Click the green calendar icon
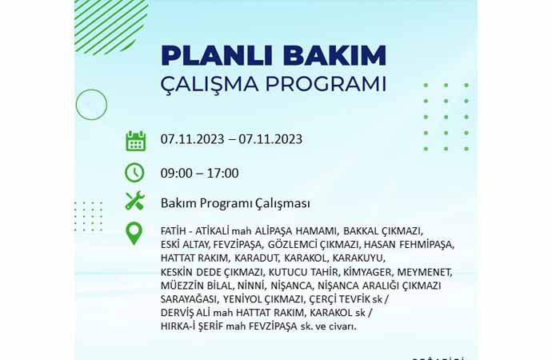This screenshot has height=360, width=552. point(135,141)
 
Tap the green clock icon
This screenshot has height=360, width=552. point(134,173)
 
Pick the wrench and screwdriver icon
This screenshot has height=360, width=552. point(135,201)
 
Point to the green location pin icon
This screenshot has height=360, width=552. point(134,234)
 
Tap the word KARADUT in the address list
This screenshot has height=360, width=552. point(257,258)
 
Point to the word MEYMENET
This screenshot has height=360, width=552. point(425,272)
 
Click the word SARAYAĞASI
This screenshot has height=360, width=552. point(188,299)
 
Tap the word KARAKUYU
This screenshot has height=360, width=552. point(358,258)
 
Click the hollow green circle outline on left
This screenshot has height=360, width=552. point(76,105)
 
